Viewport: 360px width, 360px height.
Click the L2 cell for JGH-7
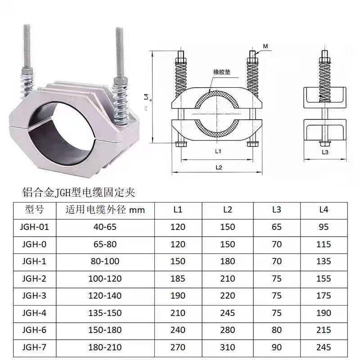point(228,347)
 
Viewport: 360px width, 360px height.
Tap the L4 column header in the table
point(324,210)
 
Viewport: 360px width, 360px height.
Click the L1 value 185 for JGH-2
point(178,279)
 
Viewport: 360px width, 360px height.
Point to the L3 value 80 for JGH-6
point(277,330)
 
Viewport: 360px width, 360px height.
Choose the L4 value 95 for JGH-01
point(324,227)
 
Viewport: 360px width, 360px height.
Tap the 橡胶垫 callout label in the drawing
point(222,72)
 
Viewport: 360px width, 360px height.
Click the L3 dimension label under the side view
point(325,152)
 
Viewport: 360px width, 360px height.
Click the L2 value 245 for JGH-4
point(228,313)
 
